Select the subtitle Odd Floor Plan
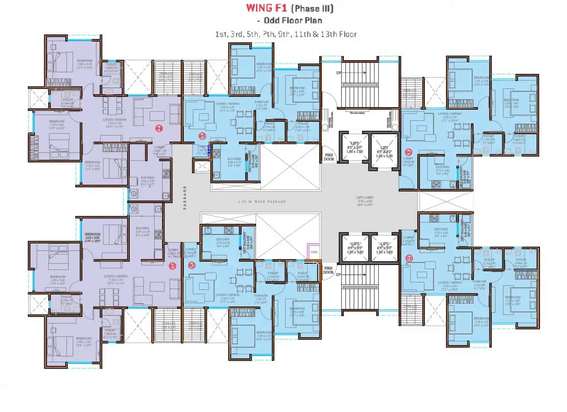(292, 20)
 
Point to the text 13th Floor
(341, 34)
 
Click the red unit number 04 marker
(159, 128)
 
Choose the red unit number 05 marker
(202, 136)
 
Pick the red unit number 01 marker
(408, 258)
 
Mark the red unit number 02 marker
(192, 266)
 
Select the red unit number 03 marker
(173, 266)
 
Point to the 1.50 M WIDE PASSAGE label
(262, 202)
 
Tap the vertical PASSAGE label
(185, 197)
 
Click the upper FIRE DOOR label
(328, 156)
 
